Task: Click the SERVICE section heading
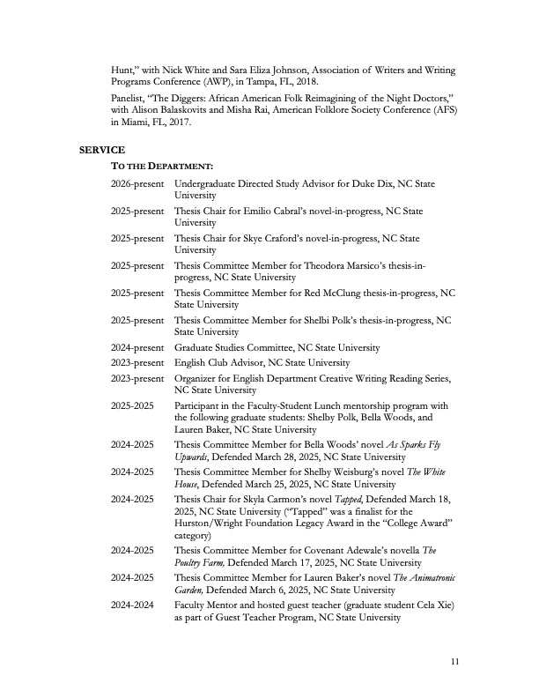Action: point(102,150)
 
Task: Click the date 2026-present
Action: point(137,182)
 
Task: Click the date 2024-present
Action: point(137,348)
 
